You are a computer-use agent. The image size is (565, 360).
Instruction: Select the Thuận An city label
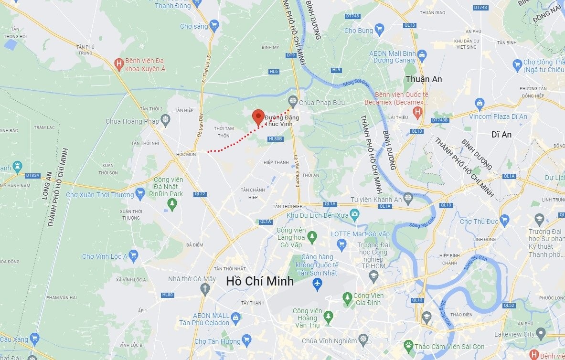(423, 79)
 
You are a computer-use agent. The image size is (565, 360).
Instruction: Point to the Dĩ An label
(501, 135)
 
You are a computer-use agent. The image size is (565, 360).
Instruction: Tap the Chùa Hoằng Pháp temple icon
(165, 119)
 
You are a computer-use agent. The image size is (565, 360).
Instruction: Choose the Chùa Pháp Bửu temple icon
(293, 100)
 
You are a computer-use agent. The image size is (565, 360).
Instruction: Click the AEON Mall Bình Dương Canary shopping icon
(422, 56)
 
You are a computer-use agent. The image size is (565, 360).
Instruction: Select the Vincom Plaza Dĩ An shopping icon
(480, 103)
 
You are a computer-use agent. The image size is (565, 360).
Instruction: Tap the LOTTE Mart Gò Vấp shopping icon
(341, 245)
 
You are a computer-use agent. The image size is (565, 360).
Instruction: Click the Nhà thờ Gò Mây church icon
(205, 288)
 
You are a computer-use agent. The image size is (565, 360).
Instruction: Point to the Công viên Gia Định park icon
(348, 299)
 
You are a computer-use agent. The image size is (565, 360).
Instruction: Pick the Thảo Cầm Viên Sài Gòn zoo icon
(408, 345)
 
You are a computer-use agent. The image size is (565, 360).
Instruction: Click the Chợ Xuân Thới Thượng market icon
(140, 193)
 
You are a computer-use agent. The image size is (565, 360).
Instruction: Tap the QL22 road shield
(200, 194)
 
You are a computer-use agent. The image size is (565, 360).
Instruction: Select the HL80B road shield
(276, 139)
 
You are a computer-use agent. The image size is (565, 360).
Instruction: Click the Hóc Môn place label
(186, 154)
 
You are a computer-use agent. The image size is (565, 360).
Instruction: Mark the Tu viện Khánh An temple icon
(407, 198)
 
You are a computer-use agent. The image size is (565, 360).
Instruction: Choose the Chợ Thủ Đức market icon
(504, 220)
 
